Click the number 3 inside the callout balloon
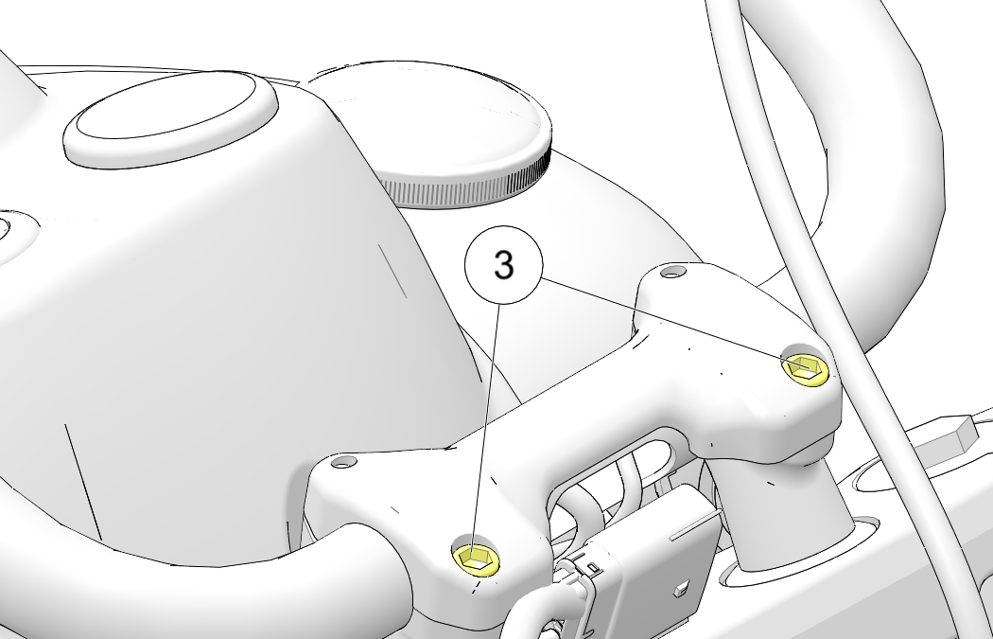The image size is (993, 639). pyautogui.click(x=503, y=265)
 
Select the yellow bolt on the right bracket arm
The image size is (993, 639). pyautogui.click(x=806, y=368)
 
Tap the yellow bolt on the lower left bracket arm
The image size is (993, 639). pyautogui.click(x=476, y=559)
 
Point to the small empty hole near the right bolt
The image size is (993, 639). pyautogui.click(x=672, y=272)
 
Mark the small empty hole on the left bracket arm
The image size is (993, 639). pyautogui.click(x=344, y=462)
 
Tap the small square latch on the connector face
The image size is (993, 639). pyautogui.click(x=682, y=590)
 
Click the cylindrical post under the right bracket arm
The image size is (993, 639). pyautogui.click(x=782, y=507)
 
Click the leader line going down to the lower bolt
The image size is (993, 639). pyautogui.click(x=486, y=430)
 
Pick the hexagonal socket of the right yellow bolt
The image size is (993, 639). pyautogui.click(x=806, y=365)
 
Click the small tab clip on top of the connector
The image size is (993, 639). pyautogui.click(x=592, y=564)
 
